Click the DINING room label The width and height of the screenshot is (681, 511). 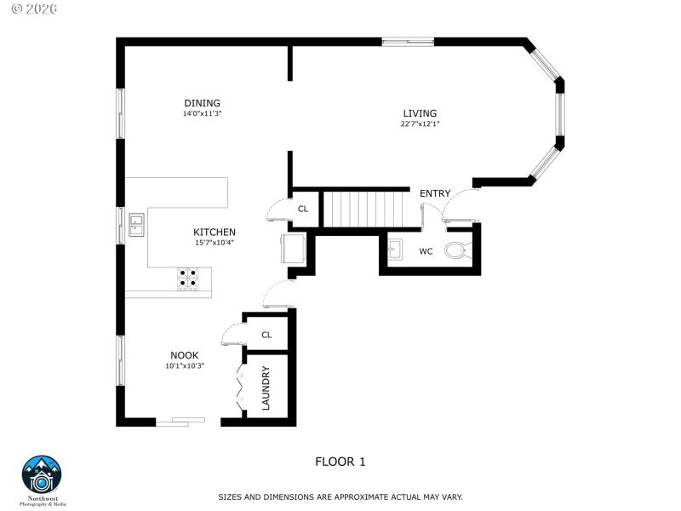pyautogui.click(x=202, y=103)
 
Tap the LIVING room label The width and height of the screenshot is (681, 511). pyautogui.click(x=420, y=113)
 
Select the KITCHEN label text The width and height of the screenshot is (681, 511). pyautogui.click(x=215, y=232)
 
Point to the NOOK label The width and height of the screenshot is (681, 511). pyautogui.click(x=185, y=356)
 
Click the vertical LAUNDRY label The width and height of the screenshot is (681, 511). pyautogui.click(x=266, y=388)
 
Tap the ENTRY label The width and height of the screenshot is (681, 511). pyautogui.click(x=435, y=193)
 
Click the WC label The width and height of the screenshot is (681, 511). pyautogui.click(x=426, y=251)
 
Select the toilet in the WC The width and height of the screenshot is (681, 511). pyautogui.click(x=457, y=250)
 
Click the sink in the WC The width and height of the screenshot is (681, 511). pyautogui.click(x=394, y=250)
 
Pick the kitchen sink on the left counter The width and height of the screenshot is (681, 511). pyautogui.click(x=136, y=224)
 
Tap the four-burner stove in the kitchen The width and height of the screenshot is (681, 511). pyautogui.click(x=188, y=279)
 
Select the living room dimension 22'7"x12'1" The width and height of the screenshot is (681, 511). pyautogui.click(x=420, y=123)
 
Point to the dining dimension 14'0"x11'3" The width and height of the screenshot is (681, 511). pyautogui.click(x=202, y=113)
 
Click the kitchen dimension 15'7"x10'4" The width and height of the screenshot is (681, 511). pyautogui.click(x=215, y=242)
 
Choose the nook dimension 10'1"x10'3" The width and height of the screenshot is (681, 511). pyautogui.click(x=185, y=366)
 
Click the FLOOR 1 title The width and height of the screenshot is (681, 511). pyautogui.click(x=340, y=462)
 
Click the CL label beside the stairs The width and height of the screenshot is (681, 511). pyautogui.click(x=303, y=209)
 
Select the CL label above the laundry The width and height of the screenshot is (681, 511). pyautogui.click(x=266, y=335)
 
